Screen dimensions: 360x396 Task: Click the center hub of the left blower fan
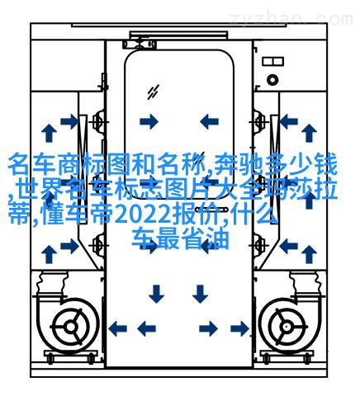pos(70,327)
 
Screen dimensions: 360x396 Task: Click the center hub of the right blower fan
pos(287,327)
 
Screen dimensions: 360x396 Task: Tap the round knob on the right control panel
pos(272,80)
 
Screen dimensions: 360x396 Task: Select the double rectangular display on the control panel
pos(272,61)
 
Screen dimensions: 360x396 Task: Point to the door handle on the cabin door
pos(211,210)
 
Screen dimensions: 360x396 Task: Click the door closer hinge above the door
pos(140,45)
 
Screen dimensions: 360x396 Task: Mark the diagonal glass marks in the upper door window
pos(153,92)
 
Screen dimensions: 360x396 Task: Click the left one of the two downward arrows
pos(156,294)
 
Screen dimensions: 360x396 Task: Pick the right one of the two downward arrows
pos(200,294)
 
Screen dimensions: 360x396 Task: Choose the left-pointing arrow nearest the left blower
pos(117,328)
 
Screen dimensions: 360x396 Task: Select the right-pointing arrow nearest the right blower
pos(239,328)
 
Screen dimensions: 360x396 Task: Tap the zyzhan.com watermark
pos(291,19)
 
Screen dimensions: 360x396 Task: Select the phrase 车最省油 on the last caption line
pos(181,238)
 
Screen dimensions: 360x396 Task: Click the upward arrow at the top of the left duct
pos(50,133)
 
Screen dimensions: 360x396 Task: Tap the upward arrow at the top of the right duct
pos(309,133)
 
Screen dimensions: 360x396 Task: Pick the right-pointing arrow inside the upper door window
pos(149,121)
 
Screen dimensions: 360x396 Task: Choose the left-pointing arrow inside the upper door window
pos(209,121)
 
